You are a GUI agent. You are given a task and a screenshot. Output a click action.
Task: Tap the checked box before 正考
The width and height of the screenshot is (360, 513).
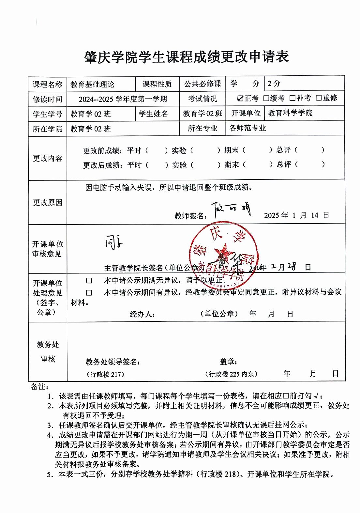click(x=241, y=98)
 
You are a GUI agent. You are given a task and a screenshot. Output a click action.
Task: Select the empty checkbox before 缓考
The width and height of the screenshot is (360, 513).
click(x=266, y=98)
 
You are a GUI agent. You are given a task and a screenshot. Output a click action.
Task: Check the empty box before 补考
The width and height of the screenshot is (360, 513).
click(x=292, y=98)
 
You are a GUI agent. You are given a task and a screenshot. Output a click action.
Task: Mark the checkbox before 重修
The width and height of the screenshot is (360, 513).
click(x=319, y=98)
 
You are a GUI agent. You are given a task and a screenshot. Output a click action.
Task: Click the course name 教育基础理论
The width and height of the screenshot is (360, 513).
click(x=92, y=85)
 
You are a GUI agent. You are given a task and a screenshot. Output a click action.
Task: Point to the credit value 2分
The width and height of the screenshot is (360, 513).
click(x=274, y=84)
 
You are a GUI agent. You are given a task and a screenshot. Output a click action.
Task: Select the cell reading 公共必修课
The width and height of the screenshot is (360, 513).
click(x=202, y=84)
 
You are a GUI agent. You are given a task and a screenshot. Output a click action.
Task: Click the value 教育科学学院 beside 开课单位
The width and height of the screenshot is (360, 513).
click(x=290, y=113)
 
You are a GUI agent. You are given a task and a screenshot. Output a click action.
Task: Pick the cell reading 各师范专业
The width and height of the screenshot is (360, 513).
click(x=248, y=128)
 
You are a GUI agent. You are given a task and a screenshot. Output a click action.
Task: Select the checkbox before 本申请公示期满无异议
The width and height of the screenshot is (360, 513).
click(x=89, y=280)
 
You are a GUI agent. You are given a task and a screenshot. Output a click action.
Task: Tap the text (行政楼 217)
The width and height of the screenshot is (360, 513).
click(x=105, y=374)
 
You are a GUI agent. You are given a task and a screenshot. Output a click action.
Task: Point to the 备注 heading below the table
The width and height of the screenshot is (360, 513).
click(x=40, y=387)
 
